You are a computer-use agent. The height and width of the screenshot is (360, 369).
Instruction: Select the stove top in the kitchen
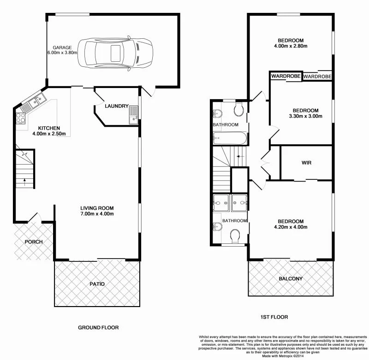[21, 118]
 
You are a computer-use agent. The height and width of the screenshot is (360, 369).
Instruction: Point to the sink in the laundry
[133, 114]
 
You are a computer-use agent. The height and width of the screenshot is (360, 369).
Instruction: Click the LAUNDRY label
[116, 106]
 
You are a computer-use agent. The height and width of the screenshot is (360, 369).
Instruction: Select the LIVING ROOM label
[97, 208]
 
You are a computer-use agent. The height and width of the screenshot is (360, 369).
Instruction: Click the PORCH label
[33, 242]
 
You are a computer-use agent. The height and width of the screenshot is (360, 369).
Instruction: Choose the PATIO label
[97, 284]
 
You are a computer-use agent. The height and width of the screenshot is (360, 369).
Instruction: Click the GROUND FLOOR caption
[98, 327]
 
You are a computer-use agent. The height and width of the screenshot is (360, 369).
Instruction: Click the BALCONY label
[291, 278]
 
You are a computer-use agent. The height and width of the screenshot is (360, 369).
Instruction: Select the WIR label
[307, 163]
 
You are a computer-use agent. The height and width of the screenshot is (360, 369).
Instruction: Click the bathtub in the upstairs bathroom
[230, 137]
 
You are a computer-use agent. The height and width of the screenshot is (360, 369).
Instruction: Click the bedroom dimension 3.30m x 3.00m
[305, 116]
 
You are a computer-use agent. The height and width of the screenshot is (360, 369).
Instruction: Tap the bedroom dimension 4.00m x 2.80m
[291, 46]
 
